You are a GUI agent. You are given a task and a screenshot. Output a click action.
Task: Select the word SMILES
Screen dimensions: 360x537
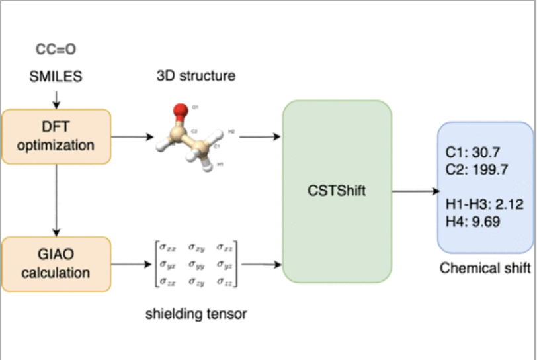56,77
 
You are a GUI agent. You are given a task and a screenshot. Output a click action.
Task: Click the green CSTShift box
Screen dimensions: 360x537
338,192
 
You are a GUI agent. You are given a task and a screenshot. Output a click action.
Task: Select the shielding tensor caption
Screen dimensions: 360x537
196,314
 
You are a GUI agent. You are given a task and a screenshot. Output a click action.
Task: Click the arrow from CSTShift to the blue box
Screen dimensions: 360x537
415,192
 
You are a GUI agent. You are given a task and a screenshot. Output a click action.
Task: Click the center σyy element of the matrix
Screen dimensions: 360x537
195,264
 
